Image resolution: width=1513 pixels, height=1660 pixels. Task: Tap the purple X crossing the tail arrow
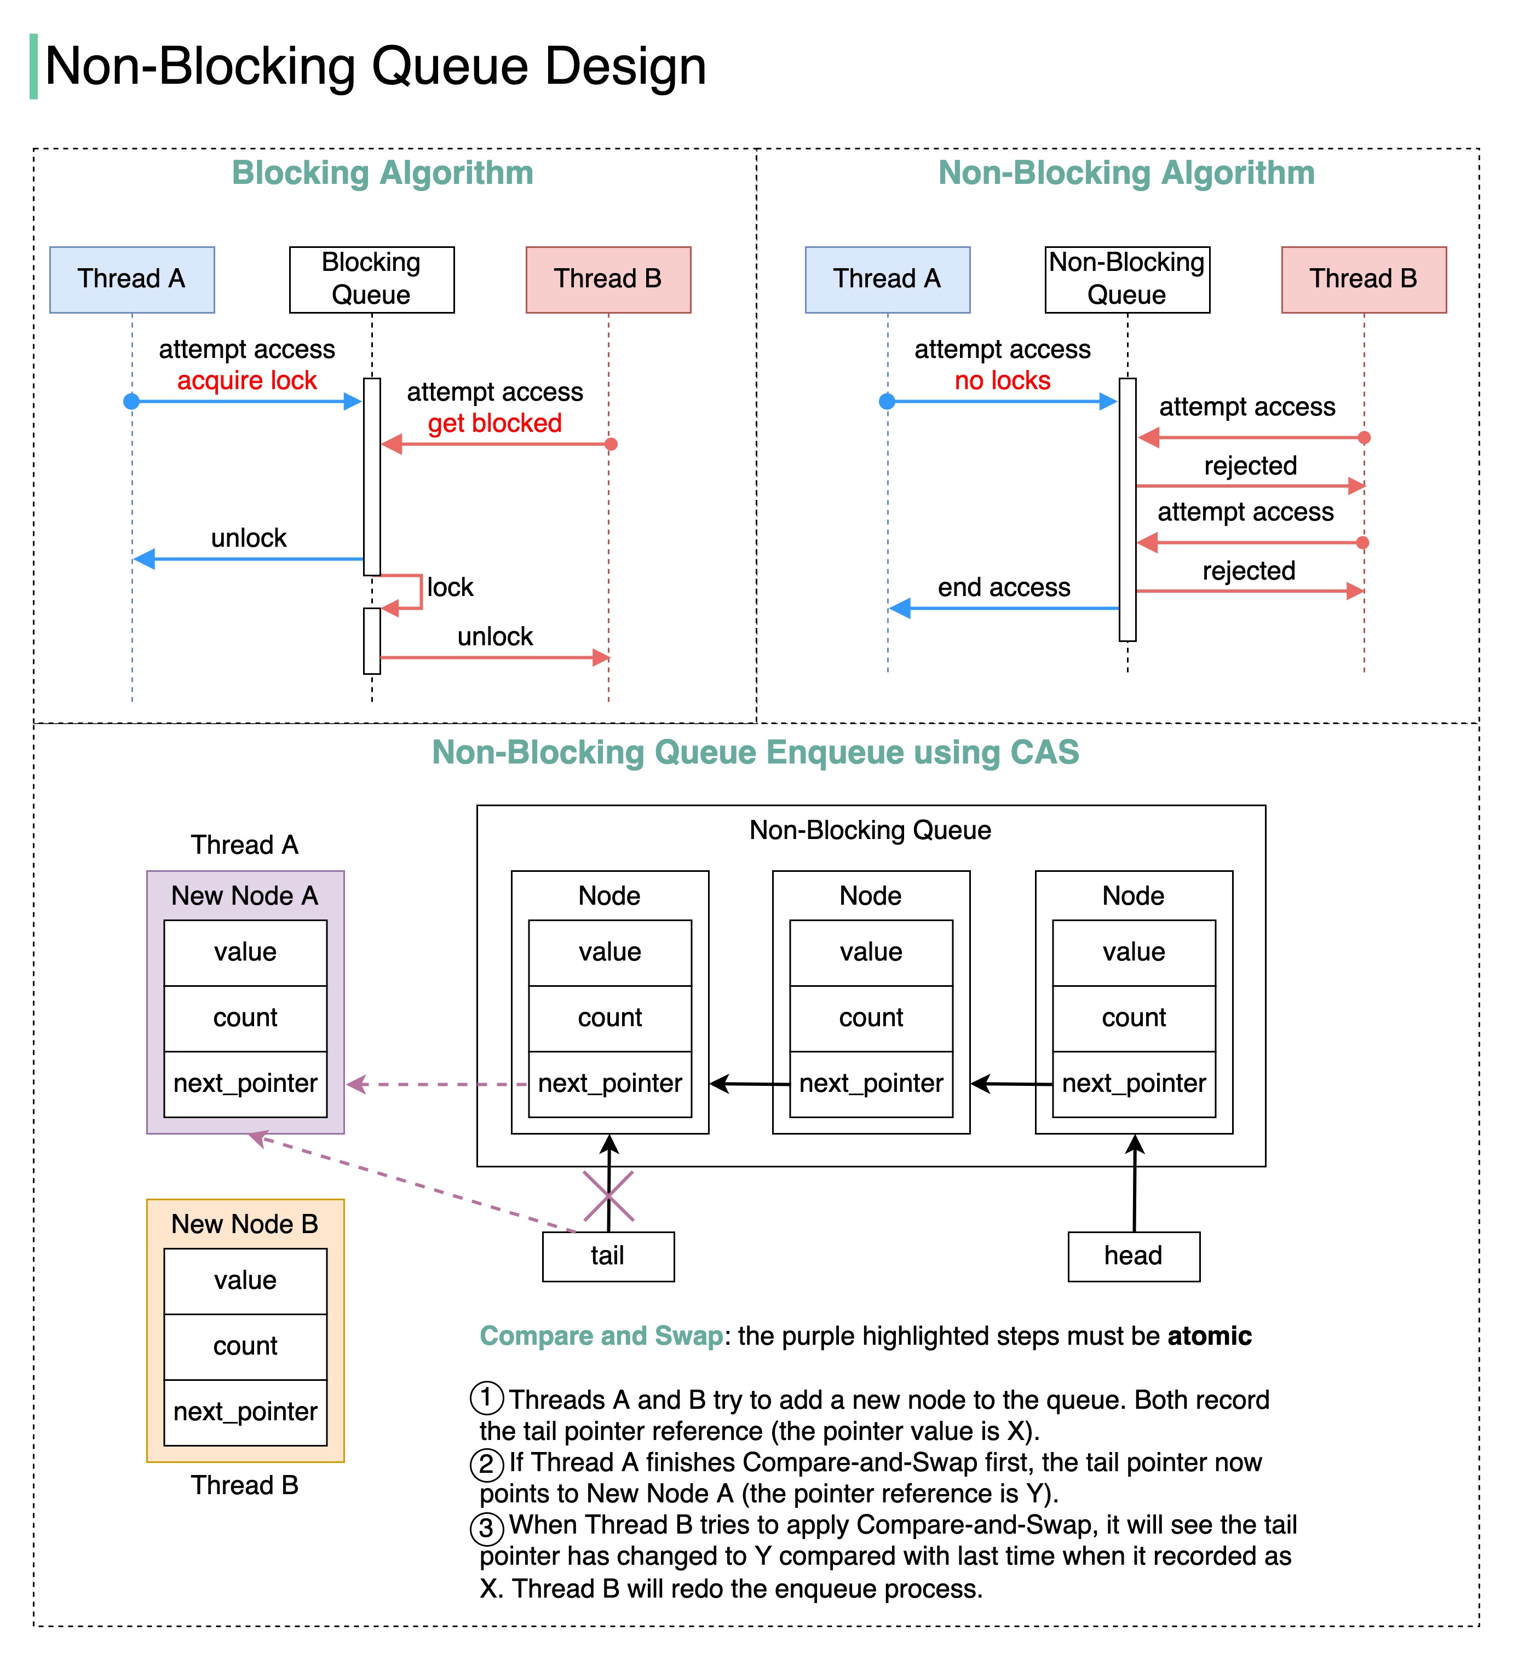click(609, 1195)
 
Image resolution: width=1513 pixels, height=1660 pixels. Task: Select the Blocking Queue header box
click(371, 279)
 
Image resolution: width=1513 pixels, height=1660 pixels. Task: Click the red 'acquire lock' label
click(247, 380)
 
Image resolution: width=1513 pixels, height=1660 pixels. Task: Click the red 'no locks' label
click(1002, 380)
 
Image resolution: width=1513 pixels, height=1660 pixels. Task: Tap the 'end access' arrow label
click(1004, 587)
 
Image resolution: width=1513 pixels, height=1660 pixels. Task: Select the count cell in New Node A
click(245, 1018)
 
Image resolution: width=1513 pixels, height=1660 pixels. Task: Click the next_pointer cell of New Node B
click(245, 1412)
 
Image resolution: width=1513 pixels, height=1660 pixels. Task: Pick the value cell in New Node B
click(245, 1280)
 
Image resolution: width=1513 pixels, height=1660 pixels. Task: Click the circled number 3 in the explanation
click(487, 1528)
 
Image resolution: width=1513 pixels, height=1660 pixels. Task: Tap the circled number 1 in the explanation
click(487, 1397)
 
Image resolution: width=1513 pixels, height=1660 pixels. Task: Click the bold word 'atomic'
click(1209, 1335)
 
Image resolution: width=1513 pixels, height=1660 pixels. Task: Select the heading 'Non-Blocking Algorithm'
click(1126, 173)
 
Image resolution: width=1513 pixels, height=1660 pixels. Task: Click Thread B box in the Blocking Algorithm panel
click(608, 279)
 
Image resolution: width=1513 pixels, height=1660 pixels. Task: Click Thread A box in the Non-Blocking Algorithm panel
click(887, 279)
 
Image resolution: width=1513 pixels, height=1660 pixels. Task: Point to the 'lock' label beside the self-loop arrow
click(450, 587)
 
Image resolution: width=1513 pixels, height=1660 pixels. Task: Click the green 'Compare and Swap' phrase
click(601, 1335)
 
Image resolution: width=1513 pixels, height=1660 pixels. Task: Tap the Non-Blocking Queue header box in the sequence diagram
click(1127, 279)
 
